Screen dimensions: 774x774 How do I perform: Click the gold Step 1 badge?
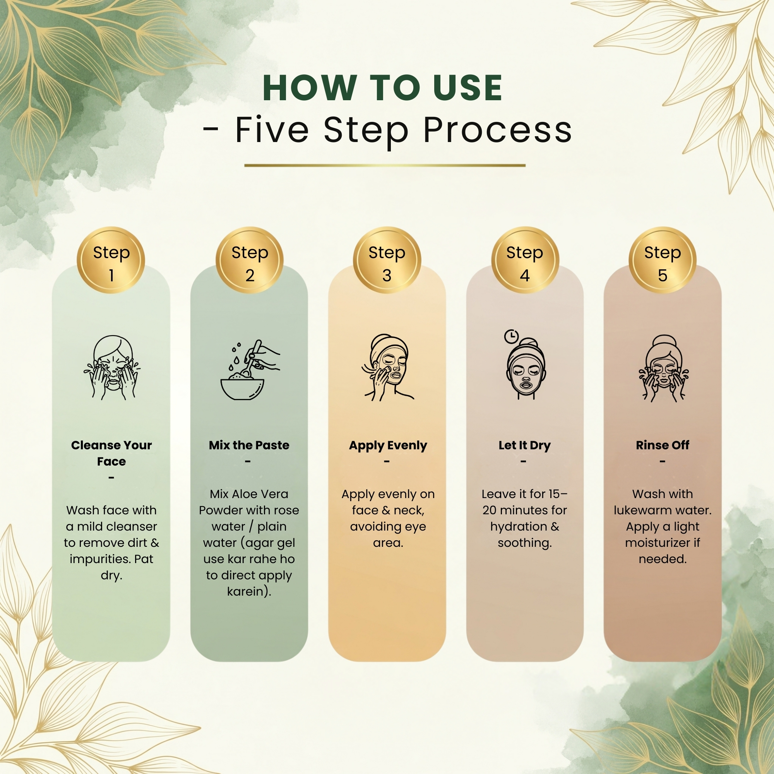pos(111,260)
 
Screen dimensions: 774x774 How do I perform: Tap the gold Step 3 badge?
pos(387,260)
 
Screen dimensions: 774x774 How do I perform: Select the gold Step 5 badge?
pos(663,260)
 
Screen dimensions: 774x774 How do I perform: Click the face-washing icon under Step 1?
pos(112,367)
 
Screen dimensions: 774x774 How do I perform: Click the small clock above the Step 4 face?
pos(511,337)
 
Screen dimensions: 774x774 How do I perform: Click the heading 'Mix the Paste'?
pos(249,445)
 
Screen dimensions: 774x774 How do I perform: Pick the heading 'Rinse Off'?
pos(663,445)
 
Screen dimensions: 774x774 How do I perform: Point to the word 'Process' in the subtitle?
pos(498,130)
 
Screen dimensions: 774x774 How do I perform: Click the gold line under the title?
pos(385,165)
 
